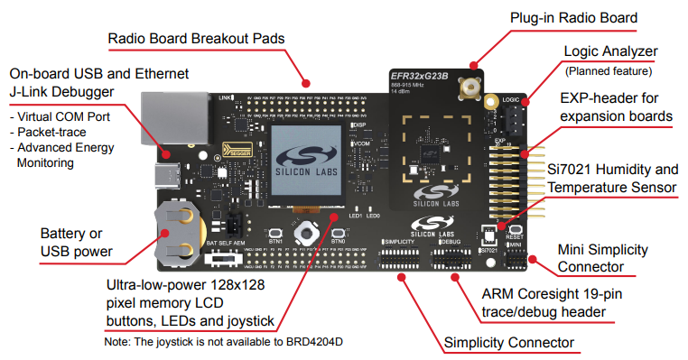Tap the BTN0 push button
tap(338, 232)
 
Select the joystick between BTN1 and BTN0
tap(307, 231)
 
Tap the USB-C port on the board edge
tap(169, 171)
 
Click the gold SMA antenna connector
tap(470, 88)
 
